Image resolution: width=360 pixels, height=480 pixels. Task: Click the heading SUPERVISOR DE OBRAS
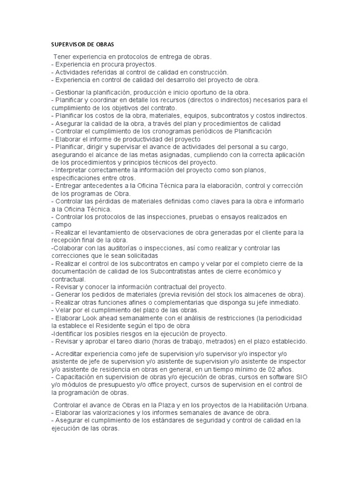tap(82, 45)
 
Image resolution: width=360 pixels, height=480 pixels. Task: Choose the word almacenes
tap(261, 294)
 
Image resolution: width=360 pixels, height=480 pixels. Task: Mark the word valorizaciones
tap(115, 412)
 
